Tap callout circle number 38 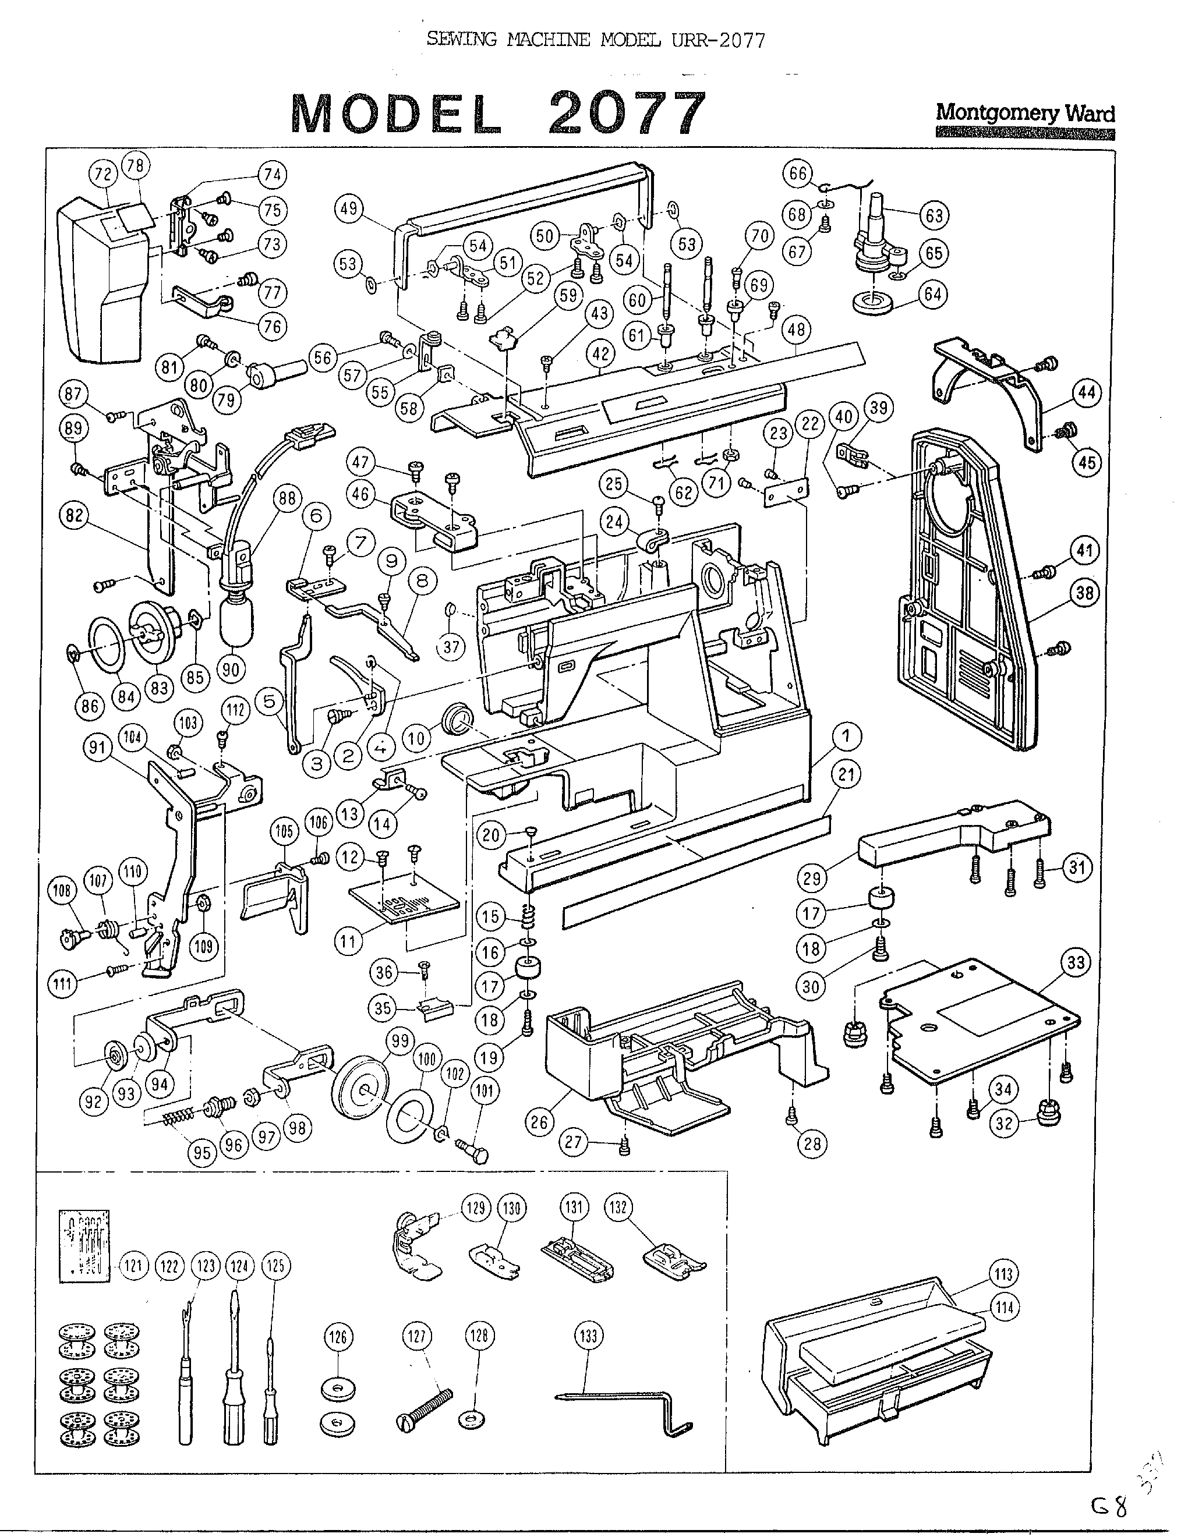pyautogui.click(x=1084, y=593)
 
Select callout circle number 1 pyautogui.click(x=846, y=737)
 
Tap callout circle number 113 pyautogui.click(x=1003, y=1274)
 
